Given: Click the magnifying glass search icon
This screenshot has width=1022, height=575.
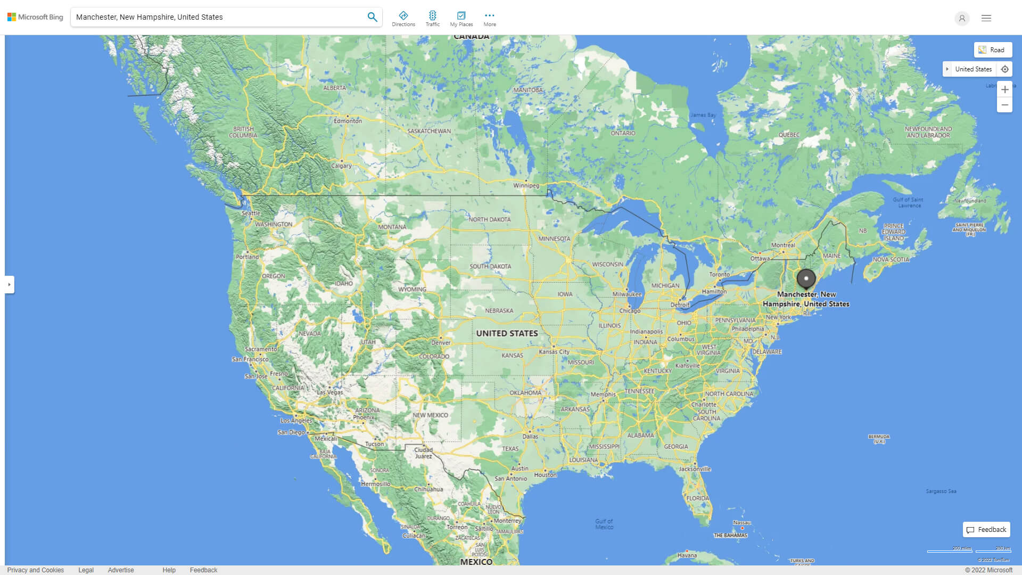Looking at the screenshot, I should pyautogui.click(x=372, y=17).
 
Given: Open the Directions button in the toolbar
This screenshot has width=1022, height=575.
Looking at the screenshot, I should pyautogui.click(x=403, y=19).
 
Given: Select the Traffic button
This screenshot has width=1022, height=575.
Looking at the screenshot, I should pyautogui.click(x=433, y=19).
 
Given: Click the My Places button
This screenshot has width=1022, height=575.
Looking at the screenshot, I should pyautogui.click(x=461, y=19).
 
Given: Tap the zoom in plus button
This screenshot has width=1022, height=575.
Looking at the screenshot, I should pyautogui.click(x=1004, y=89).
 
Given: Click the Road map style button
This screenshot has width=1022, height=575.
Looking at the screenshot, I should pyautogui.click(x=993, y=50).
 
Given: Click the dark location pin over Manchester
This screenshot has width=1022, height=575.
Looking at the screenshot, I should pyautogui.click(x=806, y=278).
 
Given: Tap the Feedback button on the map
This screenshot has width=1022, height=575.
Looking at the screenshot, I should pyautogui.click(x=986, y=530).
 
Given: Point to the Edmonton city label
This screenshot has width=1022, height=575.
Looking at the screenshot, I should pyautogui.click(x=348, y=121).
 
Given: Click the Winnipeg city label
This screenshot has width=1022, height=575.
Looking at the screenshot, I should pyautogui.click(x=526, y=186).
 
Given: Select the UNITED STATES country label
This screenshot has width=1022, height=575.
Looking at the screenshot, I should pyautogui.click(x=507, y=333).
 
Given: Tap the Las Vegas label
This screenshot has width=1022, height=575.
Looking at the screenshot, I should pyautogui.click(x=330, y=392).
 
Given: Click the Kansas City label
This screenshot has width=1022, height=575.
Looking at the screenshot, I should pyautogui.click(x=554, y=352).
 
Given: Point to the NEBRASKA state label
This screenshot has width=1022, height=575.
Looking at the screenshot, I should pyautogui.click(x=499, y=311).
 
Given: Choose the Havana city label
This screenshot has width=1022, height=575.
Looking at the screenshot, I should pyautogui.click(x=687, y=555).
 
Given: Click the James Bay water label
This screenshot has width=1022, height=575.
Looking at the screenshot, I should pyautogui.click(x=703, y=115).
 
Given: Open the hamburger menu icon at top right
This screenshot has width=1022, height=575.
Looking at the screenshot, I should pyautogui.click(x=986, y=18).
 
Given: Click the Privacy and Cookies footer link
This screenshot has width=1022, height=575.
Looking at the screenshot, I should pyautogui.click(x=36, y=570).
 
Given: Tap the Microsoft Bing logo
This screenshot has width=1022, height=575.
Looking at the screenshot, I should pyautogui.click(x=35, y=17).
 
